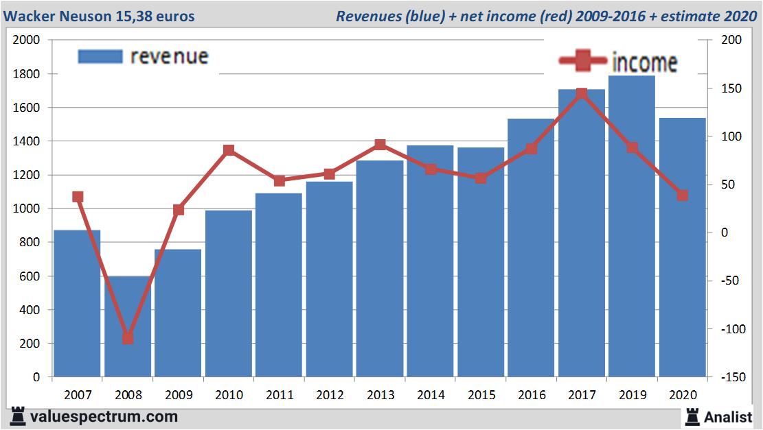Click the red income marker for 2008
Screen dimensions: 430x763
[128, 338]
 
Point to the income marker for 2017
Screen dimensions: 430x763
[582, 93]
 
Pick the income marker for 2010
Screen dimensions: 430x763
[229, 150]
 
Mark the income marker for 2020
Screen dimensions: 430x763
[682, 195]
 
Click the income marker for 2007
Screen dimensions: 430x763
[78, 197]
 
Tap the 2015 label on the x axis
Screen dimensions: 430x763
[481, 395]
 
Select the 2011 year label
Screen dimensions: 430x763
[279, 395]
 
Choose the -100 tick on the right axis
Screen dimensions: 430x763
[730, 329]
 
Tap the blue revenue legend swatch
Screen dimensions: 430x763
[100, 56]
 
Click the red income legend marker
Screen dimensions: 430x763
[582, 62]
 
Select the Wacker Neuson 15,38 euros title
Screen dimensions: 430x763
[99, 16]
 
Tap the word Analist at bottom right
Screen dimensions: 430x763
[728, 416]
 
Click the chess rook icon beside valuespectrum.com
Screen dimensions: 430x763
[17, 416]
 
